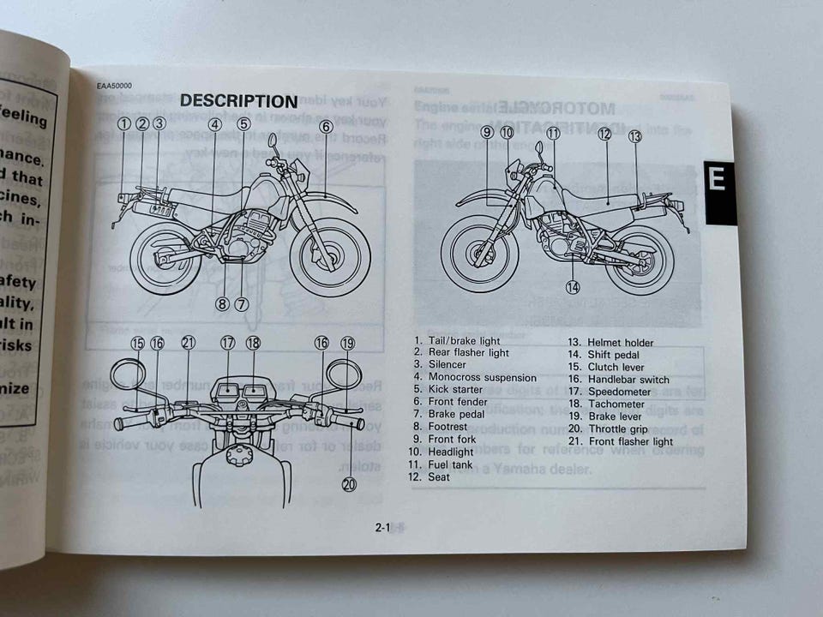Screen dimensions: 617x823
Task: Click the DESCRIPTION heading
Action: tap(238, 101)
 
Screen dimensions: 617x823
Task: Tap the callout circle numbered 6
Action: tap(326, 126)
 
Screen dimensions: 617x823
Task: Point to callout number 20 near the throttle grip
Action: tap(349, 484)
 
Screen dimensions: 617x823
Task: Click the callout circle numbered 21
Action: tap(189, 343)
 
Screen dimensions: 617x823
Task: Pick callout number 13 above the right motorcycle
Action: tap(634, 135)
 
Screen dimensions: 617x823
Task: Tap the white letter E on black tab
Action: tap(718, 179)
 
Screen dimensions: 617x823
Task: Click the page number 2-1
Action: tap(382, 528)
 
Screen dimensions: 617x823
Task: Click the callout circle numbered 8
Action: tap(222, 303)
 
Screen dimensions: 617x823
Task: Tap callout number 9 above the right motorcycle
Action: tap(486, 132)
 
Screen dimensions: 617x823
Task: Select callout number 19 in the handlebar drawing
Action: tap(347, 343)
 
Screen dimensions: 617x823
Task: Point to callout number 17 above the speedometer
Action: tap(227, 343)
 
